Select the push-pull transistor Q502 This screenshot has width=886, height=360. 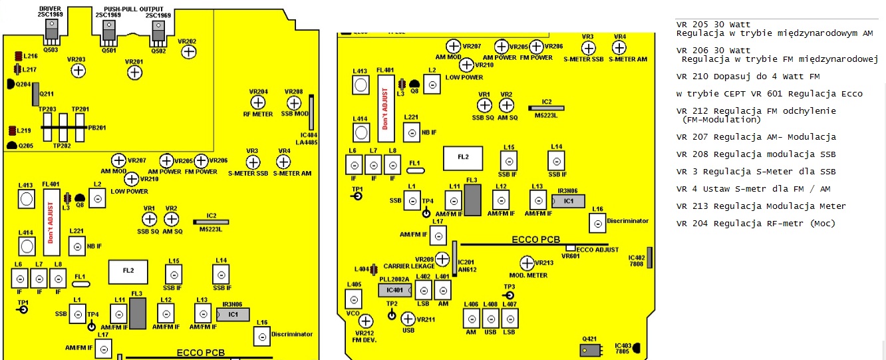click(158, 33)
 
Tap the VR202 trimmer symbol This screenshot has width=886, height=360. click(189, 52)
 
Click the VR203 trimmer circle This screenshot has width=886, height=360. click(78, 71)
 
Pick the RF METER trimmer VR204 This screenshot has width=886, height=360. click(258, 103)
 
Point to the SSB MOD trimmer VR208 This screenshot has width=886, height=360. click(294, 103)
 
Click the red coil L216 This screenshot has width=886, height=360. click(19, 56)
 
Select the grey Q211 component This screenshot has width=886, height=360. click(36, 94)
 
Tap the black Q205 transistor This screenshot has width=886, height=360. click(12, 146)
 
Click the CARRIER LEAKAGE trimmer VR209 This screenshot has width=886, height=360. click(442, 259)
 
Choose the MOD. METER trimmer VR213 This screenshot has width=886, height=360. click(527, 263)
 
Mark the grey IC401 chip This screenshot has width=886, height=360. click(394, 290)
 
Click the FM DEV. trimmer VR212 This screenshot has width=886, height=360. click(366, 321)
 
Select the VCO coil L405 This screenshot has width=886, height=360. click(354, 299)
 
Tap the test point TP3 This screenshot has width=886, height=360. click(510, 295)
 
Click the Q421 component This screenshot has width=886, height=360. click(590, 350)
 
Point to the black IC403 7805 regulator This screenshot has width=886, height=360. click(637, 348)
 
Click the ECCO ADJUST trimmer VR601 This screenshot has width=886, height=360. click(570, 248)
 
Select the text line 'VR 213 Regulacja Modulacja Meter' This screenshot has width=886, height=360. click(761, 206)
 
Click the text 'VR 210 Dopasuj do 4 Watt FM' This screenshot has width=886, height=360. click(748, 77)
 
